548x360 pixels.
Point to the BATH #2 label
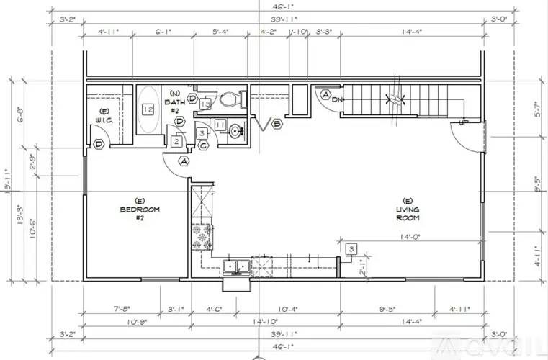coord(175,98)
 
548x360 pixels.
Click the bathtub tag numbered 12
coord(148,109)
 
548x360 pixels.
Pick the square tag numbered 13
coord(205,105)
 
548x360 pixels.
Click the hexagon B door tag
coord(277,124)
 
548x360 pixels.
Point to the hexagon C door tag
coord(204,145)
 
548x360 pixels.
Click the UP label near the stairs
coord(464,123)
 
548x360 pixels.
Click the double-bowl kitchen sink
coord(236,267)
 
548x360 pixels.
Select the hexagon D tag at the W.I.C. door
coord(98,144)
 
